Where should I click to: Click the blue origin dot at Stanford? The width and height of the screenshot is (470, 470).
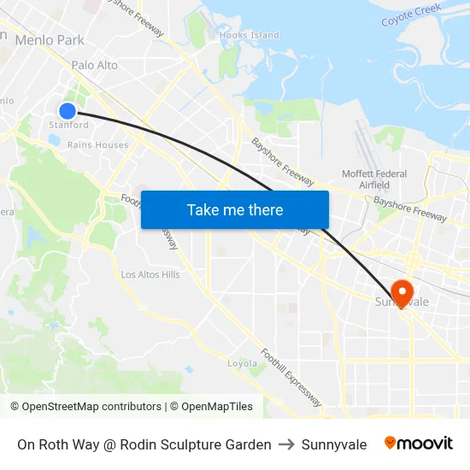(68, 110)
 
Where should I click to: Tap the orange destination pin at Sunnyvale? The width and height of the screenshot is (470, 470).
(400, 292)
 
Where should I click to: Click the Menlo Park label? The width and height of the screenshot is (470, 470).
(50, 39)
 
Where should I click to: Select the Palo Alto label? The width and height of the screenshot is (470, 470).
(95, 65)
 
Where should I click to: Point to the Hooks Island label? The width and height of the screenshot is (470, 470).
(250, 35)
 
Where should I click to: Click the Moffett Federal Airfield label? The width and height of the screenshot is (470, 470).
(374, 179)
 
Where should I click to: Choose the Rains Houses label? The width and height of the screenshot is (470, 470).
(98, 145)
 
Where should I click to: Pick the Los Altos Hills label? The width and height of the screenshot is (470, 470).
(150, 274)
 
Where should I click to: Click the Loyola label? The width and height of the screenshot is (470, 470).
(242, 363)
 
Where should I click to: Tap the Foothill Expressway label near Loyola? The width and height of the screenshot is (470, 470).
(291, 377)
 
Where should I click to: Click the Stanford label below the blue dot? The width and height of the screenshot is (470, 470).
(68, 125)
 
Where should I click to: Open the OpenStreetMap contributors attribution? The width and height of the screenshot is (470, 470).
(91, 407)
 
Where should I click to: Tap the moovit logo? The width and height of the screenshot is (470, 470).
(419, 444)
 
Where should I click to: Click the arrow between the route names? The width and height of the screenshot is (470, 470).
(286, 444)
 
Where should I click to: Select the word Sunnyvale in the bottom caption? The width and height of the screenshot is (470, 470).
(334, 444)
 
